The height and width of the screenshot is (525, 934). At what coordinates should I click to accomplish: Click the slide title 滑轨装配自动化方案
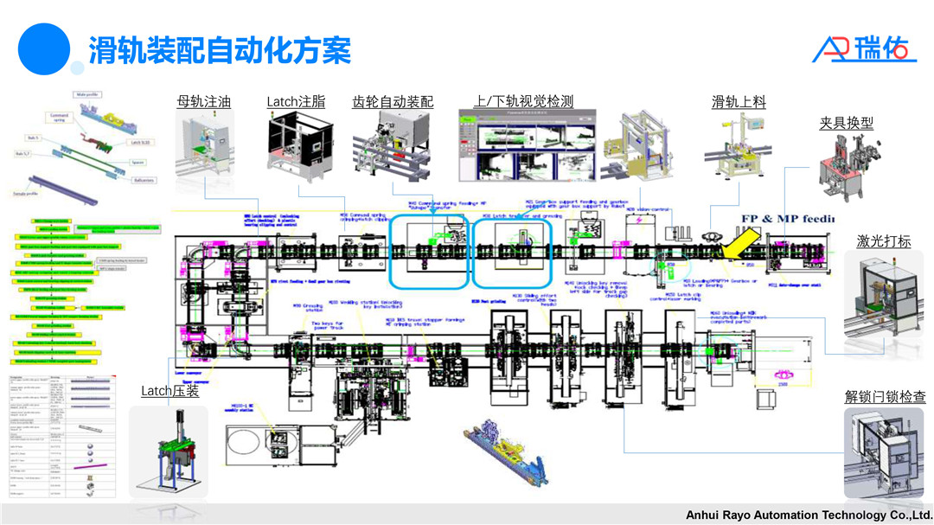220,50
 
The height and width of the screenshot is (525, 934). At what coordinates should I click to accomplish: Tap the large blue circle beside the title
43,48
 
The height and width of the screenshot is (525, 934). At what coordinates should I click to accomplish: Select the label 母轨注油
204,102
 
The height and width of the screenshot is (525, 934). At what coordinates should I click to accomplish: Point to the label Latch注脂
296,102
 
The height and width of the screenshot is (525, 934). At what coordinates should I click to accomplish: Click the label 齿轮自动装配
393,102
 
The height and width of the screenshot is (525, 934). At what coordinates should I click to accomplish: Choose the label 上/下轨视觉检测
523,102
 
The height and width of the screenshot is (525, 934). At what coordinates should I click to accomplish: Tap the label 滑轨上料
739,102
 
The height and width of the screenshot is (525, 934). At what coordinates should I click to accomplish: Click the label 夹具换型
846,124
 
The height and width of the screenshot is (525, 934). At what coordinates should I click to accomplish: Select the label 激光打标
884,241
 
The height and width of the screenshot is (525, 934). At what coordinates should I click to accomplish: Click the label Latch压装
170,392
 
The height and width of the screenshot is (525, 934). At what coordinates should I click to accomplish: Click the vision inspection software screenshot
527,146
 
